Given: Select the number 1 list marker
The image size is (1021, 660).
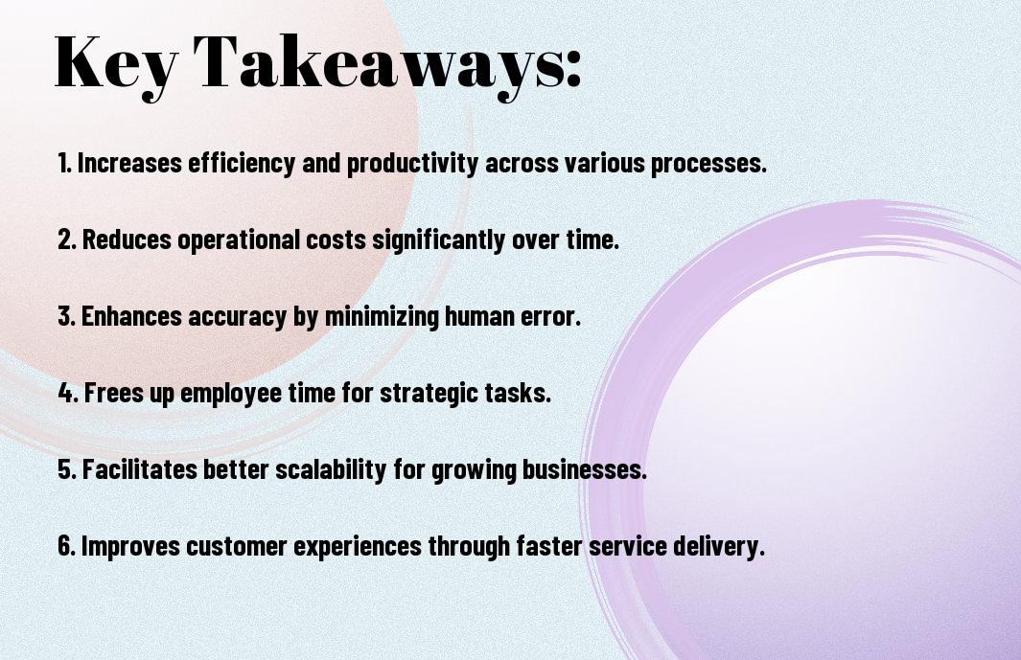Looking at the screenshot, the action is [x=64, y=163].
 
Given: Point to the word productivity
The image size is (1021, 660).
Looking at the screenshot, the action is [x=412, y=164].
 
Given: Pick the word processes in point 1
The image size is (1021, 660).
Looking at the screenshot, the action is [x=708, y=164].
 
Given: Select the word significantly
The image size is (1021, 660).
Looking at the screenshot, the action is [x=438, y=240].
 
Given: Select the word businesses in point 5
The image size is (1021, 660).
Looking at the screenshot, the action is [x=585, y=469].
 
